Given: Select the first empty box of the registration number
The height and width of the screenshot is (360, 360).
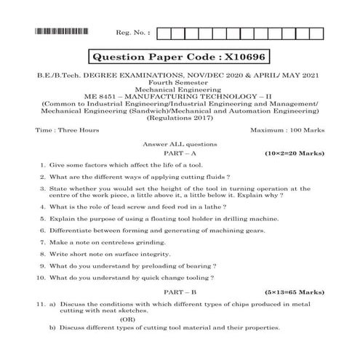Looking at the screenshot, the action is pos(164,33).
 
